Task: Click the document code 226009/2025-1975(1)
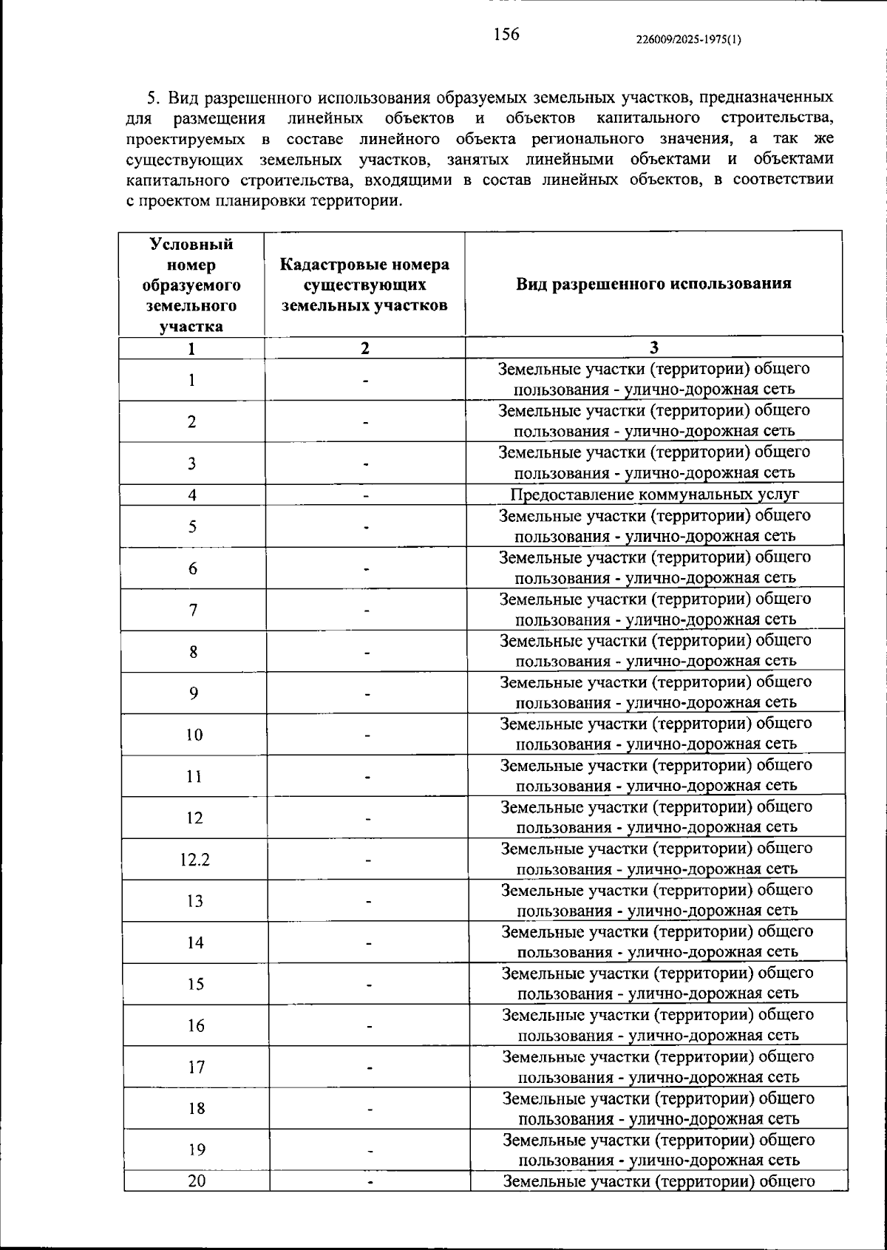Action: click(x=688, y=40)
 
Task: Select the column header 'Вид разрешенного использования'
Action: click(x=653, y=284)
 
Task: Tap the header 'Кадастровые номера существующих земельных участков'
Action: click(x=365, y=285)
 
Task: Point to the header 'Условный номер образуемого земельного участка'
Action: click(x=192, y=285)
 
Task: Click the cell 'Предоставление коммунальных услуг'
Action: click(x=654, y=495)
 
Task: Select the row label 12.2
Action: click(x=195, y=859)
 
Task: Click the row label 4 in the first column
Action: click(x=192, y=495)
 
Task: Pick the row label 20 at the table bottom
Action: click(x=197, y=1181)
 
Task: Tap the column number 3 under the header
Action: click(x=653, y=348)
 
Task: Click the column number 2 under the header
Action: click(x=365, y=348)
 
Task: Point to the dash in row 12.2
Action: click(x=367, y=860)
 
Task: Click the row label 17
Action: click(x=196, y=1067)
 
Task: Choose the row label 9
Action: click(x=194, y=693)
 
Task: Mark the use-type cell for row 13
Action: click(x=656, y=900)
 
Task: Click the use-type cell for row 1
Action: click(x=654, y=378)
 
